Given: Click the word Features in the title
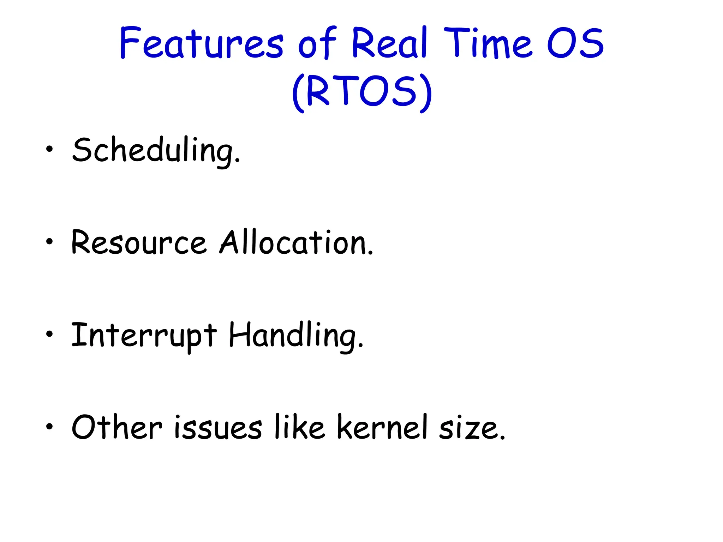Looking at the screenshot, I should (201, 43).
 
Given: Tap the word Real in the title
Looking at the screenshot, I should (389, 43).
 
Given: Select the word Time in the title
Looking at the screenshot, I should (488, 43).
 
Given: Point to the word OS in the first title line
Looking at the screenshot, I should (575, 43).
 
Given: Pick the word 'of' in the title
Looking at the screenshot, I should (317, 43).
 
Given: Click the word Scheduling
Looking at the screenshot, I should (156, 151).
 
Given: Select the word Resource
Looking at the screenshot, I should (139, 243).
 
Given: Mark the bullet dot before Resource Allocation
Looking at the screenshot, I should (49, 241).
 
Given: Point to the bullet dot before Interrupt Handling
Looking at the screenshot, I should (49, 333).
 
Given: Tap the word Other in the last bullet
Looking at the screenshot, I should (117, 427).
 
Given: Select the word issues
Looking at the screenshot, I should (218, 428).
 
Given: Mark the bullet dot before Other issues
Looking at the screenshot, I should (49, 426).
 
